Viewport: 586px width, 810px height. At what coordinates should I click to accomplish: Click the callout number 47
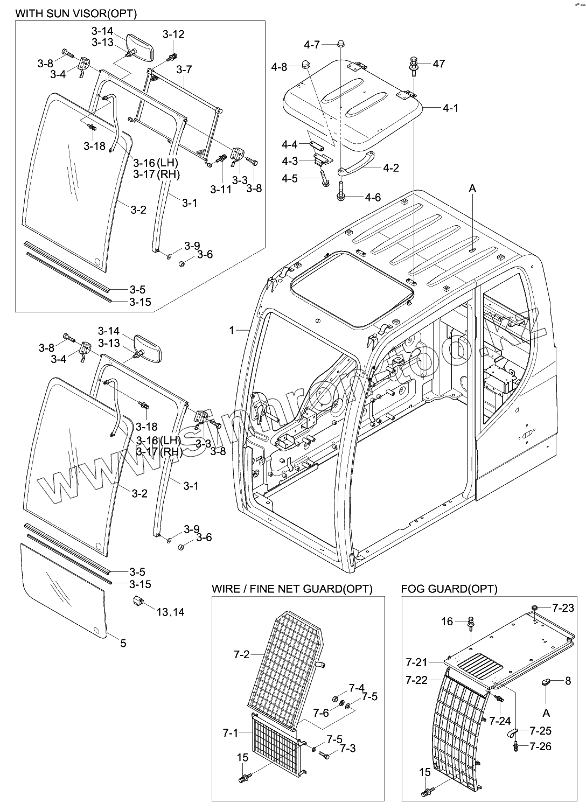(x=438, y=64)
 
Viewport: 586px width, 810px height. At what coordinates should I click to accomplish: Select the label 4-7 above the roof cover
(x=312, y=44)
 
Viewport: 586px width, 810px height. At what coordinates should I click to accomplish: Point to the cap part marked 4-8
(x=306, y=66)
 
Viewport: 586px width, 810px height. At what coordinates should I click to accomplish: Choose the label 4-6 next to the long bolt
(x=372, y=198)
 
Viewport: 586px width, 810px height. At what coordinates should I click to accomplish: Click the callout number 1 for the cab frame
(x=232, y=330)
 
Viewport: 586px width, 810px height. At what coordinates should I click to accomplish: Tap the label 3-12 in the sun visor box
(x=173, y=34)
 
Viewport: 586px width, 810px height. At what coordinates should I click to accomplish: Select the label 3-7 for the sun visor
(x=184, y=69)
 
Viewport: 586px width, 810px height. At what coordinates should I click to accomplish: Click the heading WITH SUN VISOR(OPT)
(x=76, y=12)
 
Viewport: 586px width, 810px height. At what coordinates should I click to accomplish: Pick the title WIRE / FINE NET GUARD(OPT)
(x=292, y=589)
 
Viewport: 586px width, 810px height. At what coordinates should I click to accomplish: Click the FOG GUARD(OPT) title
(x=449, y=589)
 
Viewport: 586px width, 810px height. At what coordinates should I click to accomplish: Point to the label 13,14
(x=170, y=612)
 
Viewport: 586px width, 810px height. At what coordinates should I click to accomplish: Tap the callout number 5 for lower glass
(x=123, y=643)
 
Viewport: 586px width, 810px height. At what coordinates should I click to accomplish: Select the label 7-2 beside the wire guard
(x=242, y=654)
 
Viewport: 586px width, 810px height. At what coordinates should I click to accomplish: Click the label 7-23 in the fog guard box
(x=563, y=608)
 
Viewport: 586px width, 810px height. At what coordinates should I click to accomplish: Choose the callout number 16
(x=447, y=622)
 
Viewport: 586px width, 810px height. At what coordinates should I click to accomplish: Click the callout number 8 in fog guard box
(x=568, y=681)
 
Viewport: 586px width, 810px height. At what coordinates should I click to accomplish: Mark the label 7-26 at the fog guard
(x=540, y=746)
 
